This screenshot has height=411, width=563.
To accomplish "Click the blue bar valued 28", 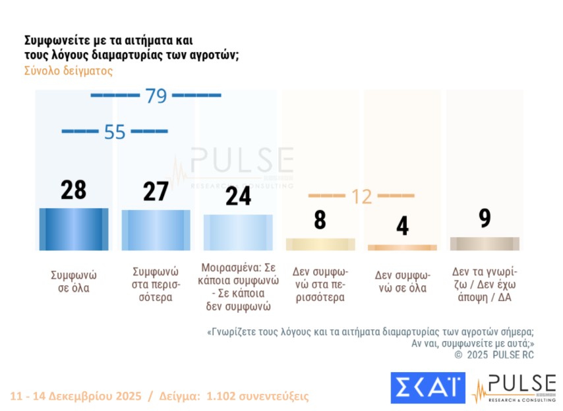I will click(74, 229).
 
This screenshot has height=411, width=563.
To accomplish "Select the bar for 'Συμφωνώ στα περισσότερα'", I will click(156, 231).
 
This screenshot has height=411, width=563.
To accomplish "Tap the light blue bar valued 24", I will click(237, 233).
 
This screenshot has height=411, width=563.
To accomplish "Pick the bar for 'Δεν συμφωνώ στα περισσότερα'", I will click(320, 244).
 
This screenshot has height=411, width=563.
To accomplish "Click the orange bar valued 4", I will click(402, 248).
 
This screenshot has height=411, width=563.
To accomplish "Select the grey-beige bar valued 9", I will click(485, 244).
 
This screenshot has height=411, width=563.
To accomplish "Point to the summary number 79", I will click(156, 96).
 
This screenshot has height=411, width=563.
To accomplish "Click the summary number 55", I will click(115, 132).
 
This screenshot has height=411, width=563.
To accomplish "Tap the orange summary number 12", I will click(361, 196).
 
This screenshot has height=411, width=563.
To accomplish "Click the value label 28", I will click(74, 190).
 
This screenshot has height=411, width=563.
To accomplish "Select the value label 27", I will click(156, 192).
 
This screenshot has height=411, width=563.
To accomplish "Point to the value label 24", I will click(237, 196).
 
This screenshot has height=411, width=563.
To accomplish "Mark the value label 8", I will click(320, 219).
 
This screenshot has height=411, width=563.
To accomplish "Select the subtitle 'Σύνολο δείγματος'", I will click(69, 71).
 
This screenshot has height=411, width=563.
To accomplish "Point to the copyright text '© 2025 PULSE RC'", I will click(494, 354).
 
